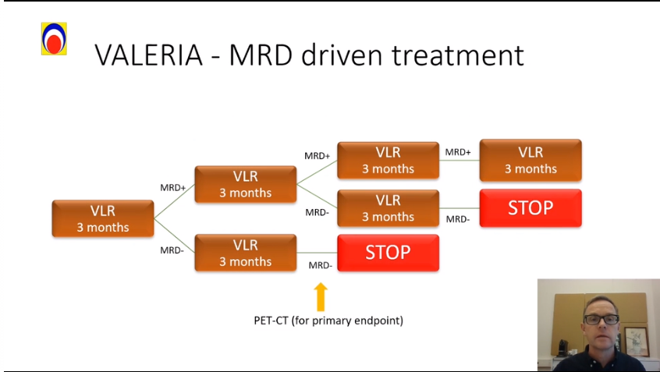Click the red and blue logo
pos(54,38)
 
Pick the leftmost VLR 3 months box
pos(102,218)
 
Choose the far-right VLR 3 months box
pos(530,160)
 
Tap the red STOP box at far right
pos(530,208)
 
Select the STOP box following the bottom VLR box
pos(388,253)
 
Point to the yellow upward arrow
pos(320,297)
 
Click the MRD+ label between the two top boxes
pos(458,152)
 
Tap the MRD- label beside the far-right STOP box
pos(458,219)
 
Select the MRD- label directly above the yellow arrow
pos(320,265)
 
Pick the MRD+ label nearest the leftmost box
pos(172,187)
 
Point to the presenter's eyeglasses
pos(601,319)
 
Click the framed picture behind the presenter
pos(636,341)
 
